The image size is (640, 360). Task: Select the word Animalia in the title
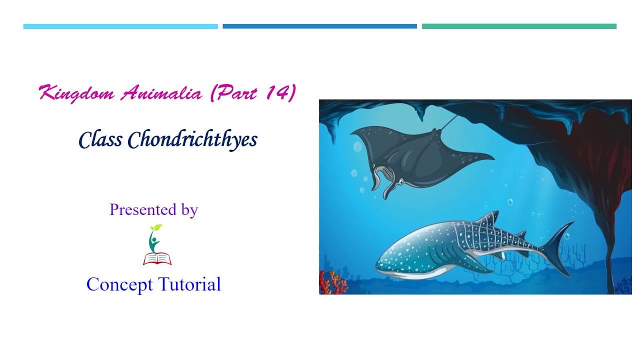coord(161,93)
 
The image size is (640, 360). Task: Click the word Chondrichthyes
coord(192,139)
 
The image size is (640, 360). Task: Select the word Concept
coord(119,284)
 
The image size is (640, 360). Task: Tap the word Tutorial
coord(189,284)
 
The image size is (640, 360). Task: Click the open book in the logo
coord(157,258)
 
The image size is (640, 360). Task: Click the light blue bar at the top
coord(120,26)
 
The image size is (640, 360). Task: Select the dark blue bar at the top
coord(319,26)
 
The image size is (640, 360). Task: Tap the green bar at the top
coord(519,26)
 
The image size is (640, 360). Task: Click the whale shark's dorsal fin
coord(488,218)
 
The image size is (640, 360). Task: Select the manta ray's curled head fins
coord(384,182)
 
